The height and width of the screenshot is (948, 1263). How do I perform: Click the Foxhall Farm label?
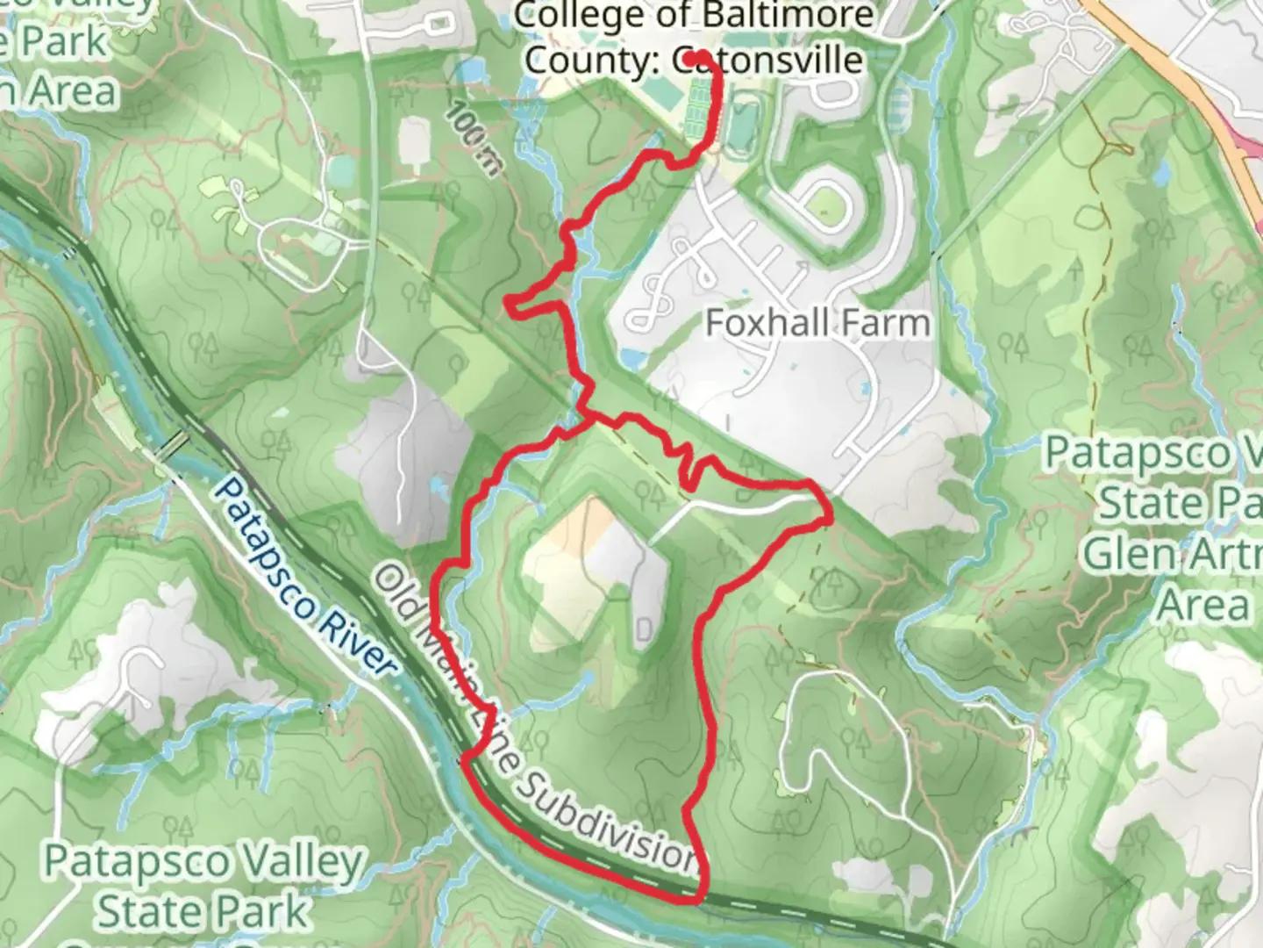coord(817,323)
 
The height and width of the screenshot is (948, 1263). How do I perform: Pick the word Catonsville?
coord(767,60)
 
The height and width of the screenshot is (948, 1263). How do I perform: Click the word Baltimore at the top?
coord(786,15)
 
